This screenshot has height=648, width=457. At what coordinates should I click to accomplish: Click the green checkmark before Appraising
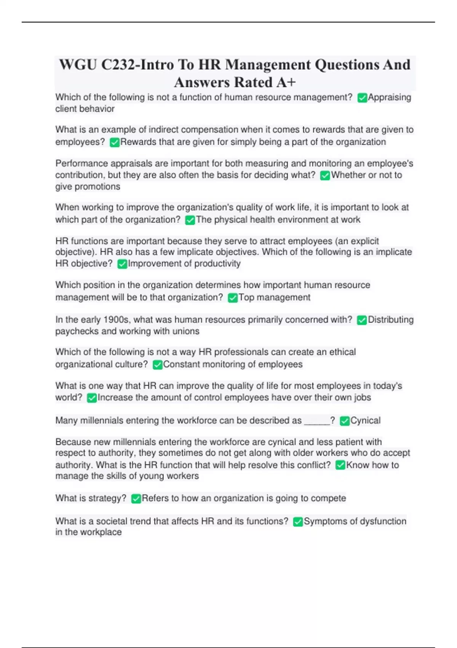tap(362, 98)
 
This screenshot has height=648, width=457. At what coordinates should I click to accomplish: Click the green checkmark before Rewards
tap(115, 143)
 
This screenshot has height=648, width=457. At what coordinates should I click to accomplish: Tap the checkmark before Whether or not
tap(325, 175)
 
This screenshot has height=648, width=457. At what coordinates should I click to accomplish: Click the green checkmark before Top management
tap(233, 298)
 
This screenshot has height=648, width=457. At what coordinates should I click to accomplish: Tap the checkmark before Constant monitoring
tap(158, 365)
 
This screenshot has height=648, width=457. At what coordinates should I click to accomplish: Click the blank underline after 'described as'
tap(317, 422)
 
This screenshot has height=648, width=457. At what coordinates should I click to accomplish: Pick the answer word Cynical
tap(365, 420)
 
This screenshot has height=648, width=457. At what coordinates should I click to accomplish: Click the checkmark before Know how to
tap(340, 465)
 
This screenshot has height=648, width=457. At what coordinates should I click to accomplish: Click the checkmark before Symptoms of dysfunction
tap(298, 521)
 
